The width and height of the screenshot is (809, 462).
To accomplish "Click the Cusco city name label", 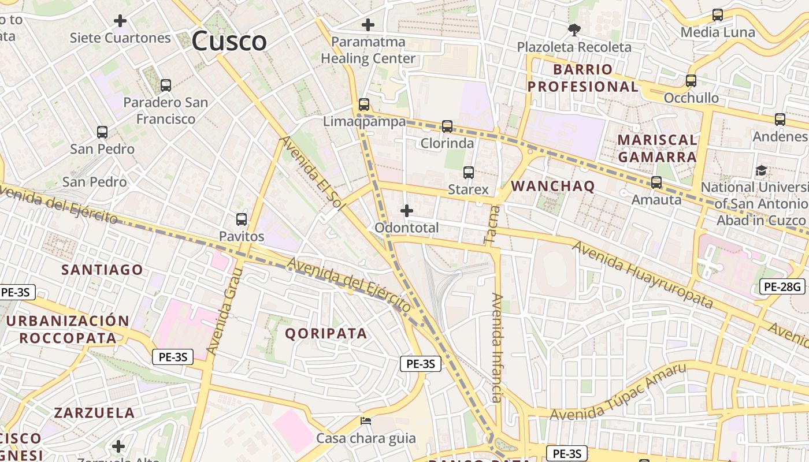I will click(x=229, y=42).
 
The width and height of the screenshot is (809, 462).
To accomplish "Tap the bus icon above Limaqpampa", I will click(x=364, y=105).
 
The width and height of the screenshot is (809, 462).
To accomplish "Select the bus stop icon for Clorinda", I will click(x=447, y=126).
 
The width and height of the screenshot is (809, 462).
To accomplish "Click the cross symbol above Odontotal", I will click(x=407, y=211).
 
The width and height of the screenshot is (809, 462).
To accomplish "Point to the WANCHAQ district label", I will click(x=553, y=186).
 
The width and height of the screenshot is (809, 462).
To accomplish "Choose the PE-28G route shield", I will click(x=781, y=286).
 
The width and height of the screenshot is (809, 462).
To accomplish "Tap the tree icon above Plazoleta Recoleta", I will click(x=574, y=29).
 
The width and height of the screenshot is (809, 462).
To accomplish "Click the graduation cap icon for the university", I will click(x=762, y=171).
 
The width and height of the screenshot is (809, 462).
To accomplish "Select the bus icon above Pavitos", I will click(x=242, y=219).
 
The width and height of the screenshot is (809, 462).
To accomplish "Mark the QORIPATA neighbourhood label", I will click(x=326, y=334).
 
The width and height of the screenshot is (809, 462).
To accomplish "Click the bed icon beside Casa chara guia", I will click(x=366, y=421).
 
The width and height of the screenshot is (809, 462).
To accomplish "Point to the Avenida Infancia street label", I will click(x=497, y=348).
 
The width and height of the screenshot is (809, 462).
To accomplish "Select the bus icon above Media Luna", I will click(x=718, y=15).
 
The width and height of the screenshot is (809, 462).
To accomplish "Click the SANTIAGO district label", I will click(x=102, y=270).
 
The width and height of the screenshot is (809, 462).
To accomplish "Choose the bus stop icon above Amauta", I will click(x=656, y=182).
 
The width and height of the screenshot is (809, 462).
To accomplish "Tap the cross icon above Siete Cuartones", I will click(x=120, y=21).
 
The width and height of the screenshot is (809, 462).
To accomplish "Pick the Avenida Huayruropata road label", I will click(x=643, y=275).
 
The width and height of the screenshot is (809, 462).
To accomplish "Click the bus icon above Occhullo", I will click(x=691, y=81).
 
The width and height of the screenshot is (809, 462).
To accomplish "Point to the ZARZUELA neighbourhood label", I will click(x=94, y=413).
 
